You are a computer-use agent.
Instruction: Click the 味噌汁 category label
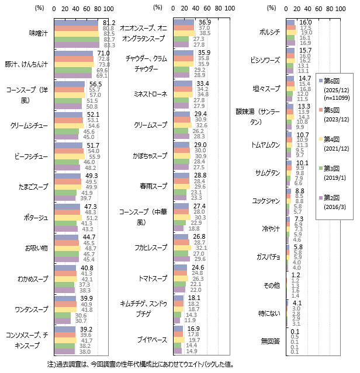tap(39, 32)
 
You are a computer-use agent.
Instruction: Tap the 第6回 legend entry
tap(335, 81)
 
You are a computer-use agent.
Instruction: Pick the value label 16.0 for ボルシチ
tap(306, 22)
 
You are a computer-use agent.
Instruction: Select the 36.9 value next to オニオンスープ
tap(205, 22)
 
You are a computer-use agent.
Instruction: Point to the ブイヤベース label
tap(151, 340)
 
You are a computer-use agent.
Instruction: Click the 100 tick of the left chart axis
tap(108, 9)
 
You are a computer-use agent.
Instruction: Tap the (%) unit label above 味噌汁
tap(40, 9)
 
